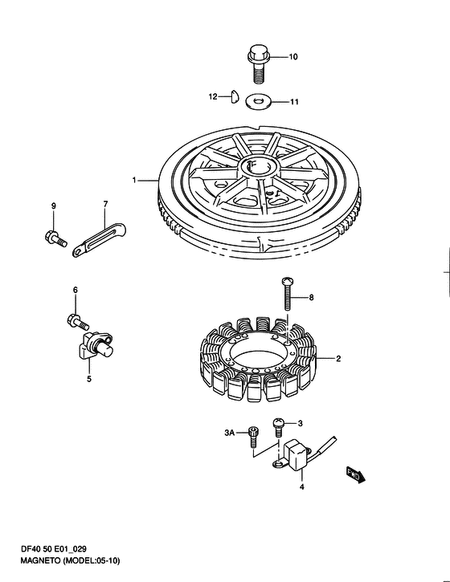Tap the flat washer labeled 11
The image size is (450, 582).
258,101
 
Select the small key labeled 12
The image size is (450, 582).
235,96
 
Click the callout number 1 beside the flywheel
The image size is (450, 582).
134,181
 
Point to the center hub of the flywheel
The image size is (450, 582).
259,168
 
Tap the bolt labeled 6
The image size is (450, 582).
78,321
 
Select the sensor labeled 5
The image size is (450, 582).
96,345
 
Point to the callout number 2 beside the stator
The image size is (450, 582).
338,359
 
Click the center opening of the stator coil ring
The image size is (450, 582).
260,352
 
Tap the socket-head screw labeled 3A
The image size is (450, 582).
253,438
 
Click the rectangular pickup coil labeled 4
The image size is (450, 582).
297,455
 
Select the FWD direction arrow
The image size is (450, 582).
356,474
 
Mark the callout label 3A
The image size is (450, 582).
230,433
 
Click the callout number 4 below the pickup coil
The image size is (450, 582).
301,486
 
